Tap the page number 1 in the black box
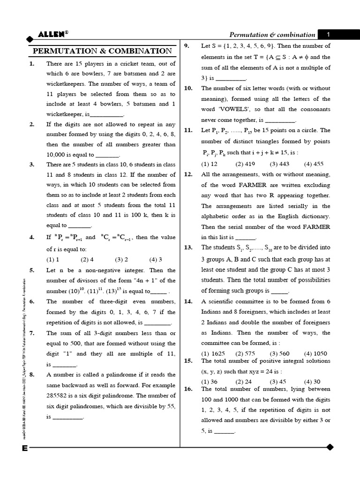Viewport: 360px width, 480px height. (x=329, y=34)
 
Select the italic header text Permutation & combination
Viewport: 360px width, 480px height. (x=272, y=35)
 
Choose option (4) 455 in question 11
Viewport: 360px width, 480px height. (x=314, y=164)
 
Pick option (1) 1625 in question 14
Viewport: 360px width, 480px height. (x=211, y=353)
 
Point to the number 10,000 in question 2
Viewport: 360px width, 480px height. (x=58, y=154)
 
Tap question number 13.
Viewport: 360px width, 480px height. (x=188, y=247)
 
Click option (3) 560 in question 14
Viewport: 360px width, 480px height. (x=280, y=353)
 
